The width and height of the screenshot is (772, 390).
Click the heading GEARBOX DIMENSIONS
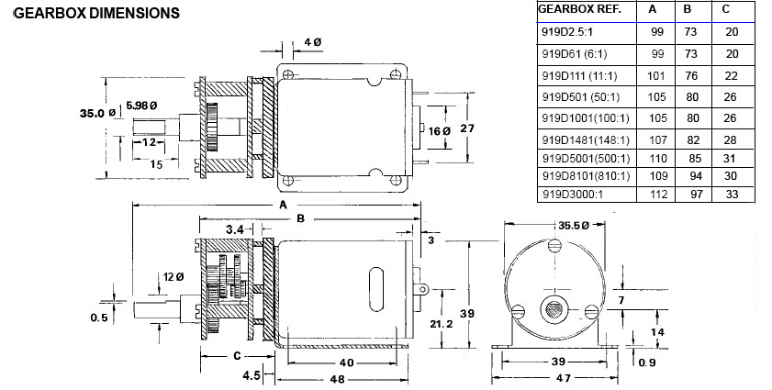point(97,13)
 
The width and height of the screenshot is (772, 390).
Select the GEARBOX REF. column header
point(579,9)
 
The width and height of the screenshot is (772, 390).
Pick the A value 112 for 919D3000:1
point(659,194)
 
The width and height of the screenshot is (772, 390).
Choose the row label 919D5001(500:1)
point(586,159)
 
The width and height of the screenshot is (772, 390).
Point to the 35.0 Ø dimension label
point(97,113)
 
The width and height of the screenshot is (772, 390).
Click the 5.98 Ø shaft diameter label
point(141,106)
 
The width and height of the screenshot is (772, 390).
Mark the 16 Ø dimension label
point(439,131)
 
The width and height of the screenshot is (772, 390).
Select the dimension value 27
point(466,128)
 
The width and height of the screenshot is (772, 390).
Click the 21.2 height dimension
point(442,324)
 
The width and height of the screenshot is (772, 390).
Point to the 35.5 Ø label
point(574,225)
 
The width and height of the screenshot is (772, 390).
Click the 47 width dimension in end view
point(564,378)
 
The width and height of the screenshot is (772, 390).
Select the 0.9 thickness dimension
point(647,362)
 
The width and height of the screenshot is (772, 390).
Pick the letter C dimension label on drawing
point(237,355)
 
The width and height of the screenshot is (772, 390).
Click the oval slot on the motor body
point(376,289)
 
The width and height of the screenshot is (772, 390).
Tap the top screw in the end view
point(554,244)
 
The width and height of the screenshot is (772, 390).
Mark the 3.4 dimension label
point(235,229)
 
